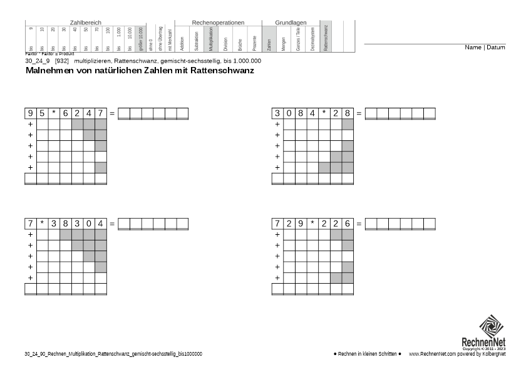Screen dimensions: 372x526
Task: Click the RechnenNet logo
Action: pos(492,332)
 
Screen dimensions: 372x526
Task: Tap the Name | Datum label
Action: pos(485,48)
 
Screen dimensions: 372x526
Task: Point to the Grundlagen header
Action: pos(291,23)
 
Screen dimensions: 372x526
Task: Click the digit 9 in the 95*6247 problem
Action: pos(30,113)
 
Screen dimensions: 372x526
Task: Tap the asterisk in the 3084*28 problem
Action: pos(324,113)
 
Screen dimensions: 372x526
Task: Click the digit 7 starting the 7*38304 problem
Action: pos(30,224)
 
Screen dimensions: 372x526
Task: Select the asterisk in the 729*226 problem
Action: pos(312,224)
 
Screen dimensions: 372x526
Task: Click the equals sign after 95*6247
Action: pos(112,113)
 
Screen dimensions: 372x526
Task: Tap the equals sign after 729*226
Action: pos(359,224)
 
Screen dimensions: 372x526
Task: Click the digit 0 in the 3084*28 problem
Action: pos(289,113)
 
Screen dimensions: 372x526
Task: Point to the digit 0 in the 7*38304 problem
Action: pos(89,224)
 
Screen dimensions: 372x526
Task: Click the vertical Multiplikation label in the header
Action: pos(211,38)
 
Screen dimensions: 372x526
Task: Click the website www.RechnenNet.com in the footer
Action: pos(431,354)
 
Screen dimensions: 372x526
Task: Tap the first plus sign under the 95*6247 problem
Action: pos(29,125)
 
